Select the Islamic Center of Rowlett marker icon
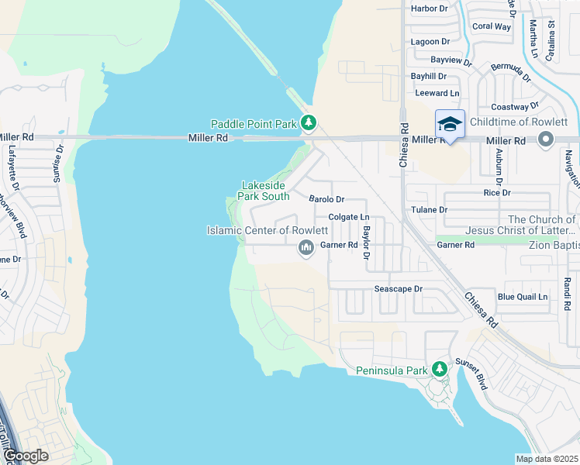(x=306, y=248)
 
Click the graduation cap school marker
(x=450, y=124)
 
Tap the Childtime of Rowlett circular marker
(x=546, y=139)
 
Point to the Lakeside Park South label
(x=265, y=191)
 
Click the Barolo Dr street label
(x=326, y=200)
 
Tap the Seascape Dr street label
(x=398, y=289)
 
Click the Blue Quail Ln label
(x=522, y=297)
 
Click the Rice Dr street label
(x=497, y=193)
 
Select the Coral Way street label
(x=492, y=26)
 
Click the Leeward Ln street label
(x=437, y=93)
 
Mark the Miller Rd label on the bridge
(x=208, y=139)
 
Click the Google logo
(x=25, y=456)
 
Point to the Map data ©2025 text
(x=547, y=459)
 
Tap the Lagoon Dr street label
(x=430, y=42)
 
